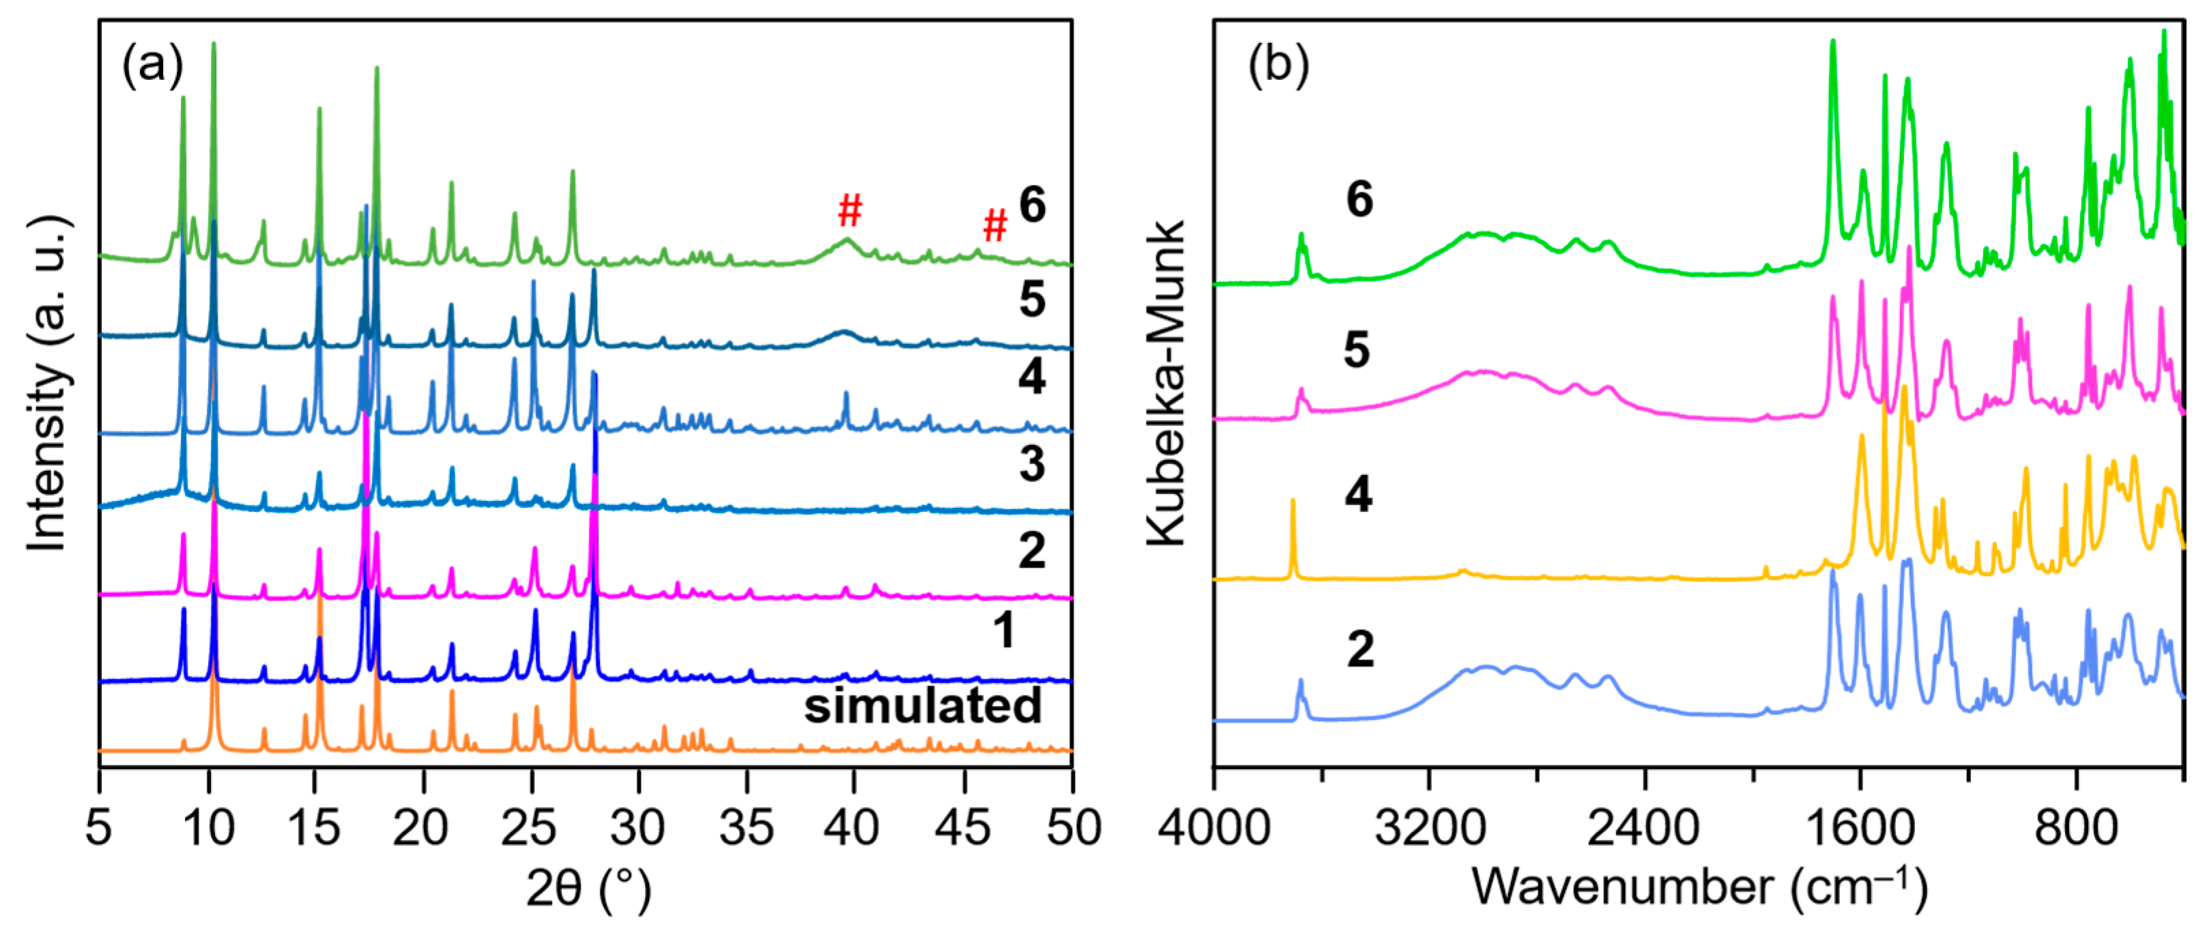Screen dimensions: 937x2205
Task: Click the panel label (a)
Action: (x=152, y=65)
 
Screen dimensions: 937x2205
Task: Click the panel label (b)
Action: (x=1278, y=65)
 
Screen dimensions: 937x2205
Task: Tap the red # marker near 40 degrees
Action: (x=849, y=210)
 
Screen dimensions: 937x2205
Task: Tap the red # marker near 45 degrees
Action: (x=994, y=226)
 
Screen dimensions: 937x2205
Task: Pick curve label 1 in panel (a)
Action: (x=1003, y=631)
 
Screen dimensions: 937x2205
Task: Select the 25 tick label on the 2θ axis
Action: (x=529, y=828)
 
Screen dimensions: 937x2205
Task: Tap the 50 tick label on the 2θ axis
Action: (x=1071, y=828)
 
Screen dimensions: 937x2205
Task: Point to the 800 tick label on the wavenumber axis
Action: (x=2076, y=828)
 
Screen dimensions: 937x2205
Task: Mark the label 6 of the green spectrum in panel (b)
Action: (x=1359, y=199)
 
